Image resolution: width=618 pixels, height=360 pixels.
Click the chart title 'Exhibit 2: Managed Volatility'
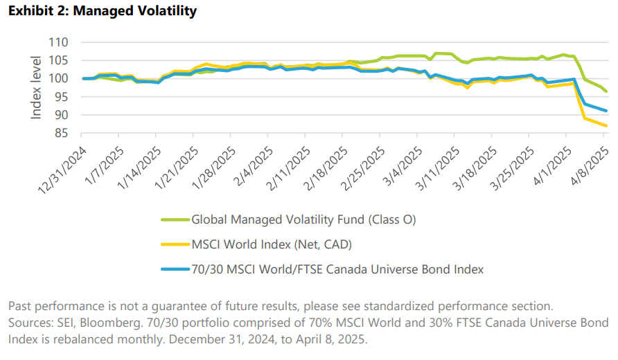(x=102, y=11)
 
